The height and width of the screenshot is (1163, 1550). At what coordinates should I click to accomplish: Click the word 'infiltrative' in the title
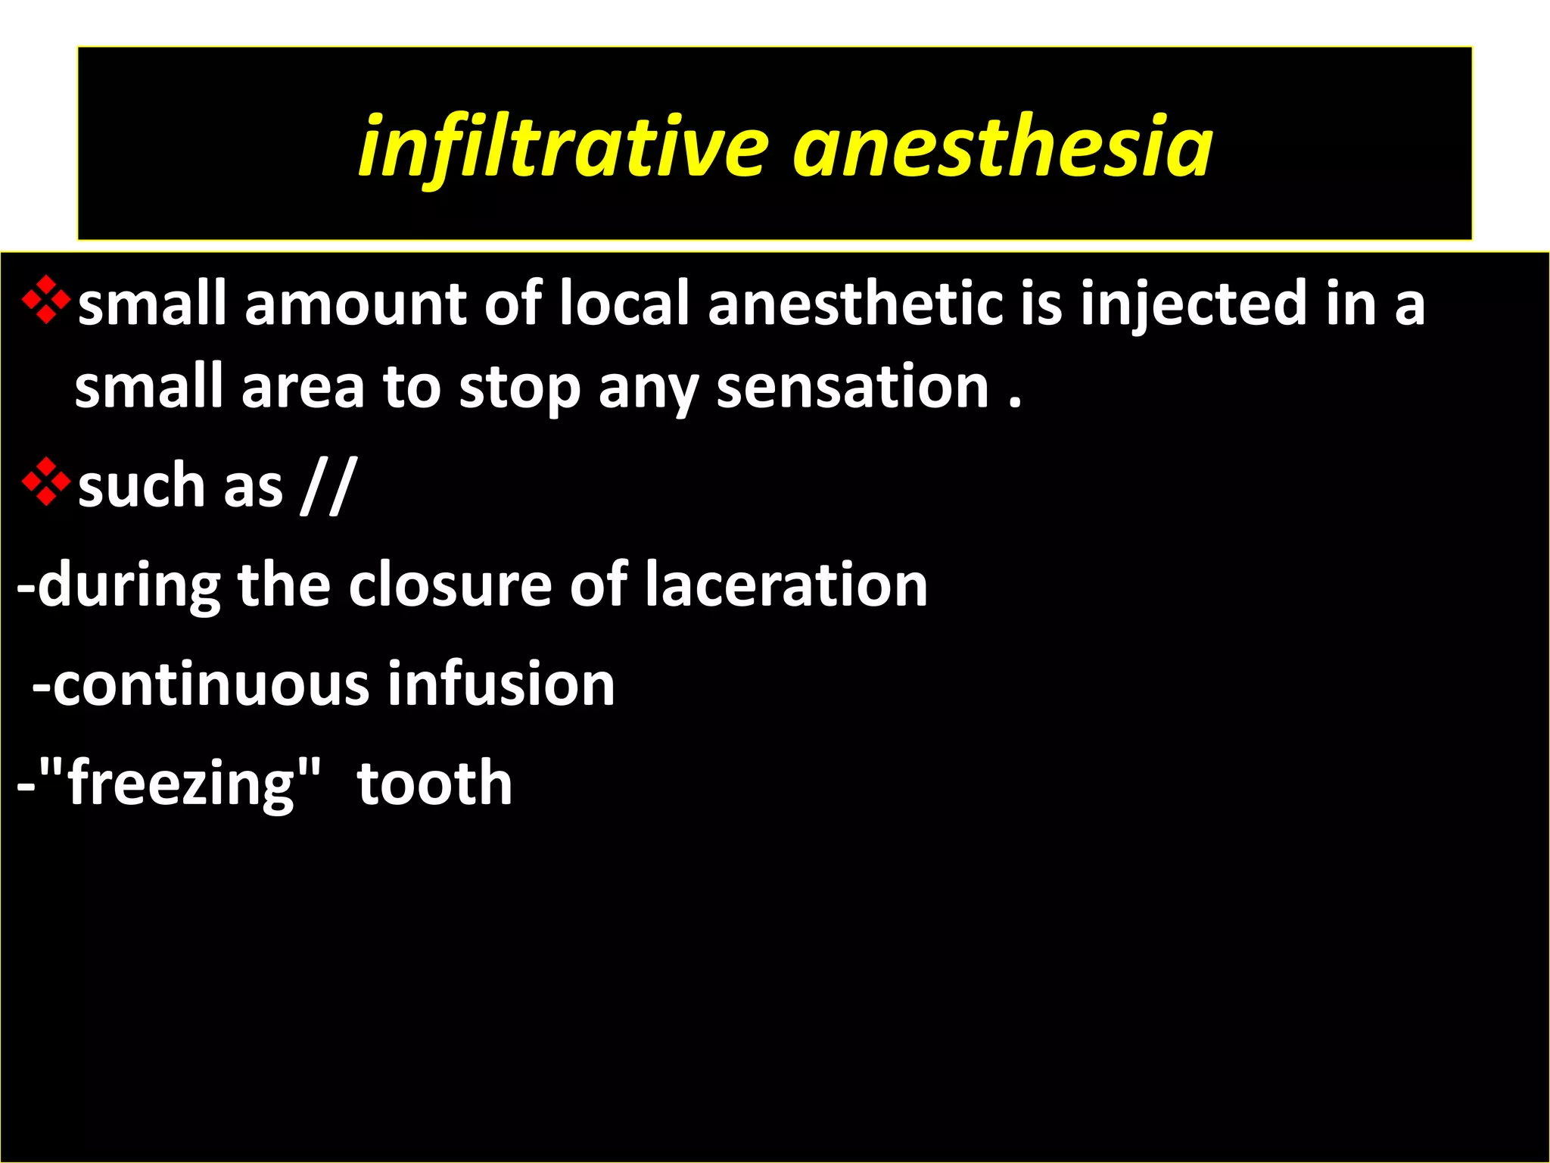pos(564,146)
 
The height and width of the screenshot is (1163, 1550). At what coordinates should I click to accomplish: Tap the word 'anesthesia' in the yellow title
pos(1002,146)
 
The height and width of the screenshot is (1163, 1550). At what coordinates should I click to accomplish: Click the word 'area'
pos(303,387)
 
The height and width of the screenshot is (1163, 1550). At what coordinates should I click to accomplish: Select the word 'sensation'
pos(852,387)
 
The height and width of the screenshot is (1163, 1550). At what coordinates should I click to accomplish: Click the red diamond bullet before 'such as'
pos(46,482)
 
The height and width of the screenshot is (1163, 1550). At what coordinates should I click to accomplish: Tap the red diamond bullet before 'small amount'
pos(46,301)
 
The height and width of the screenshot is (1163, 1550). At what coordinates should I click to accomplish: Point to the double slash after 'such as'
pos(326,486)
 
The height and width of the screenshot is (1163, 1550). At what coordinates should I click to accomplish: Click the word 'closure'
pos(450,585)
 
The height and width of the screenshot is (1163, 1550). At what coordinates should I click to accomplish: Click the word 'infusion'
pos(501,684)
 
